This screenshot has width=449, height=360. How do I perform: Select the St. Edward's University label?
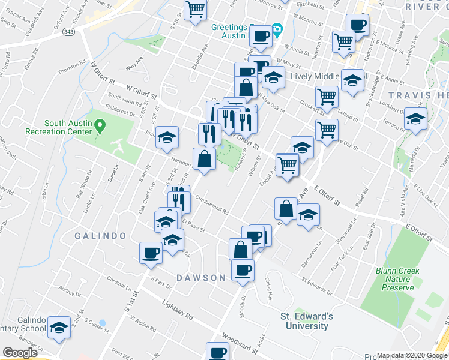[x=304, y=321]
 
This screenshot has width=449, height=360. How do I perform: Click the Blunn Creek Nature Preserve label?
[x=397, y=279]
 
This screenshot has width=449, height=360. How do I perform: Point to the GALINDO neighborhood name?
[x=100, y=236]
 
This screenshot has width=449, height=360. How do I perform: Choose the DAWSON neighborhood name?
[x=201, y=278]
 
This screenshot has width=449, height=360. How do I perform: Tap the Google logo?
[x=20, y=353]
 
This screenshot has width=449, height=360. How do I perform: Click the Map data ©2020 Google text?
[x=412, y=355]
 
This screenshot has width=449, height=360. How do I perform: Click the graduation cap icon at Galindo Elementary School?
[x=59, y=328]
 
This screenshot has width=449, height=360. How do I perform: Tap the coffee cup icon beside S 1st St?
[x=151, y=253]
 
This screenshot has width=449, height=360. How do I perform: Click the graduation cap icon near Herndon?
[x=167, y=136]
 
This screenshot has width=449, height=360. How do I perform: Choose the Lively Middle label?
[x=314, y=77]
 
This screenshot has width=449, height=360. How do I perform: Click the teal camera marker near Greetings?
[x=277, y=29]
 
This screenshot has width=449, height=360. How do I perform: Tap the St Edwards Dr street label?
[x=317, y=286]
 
